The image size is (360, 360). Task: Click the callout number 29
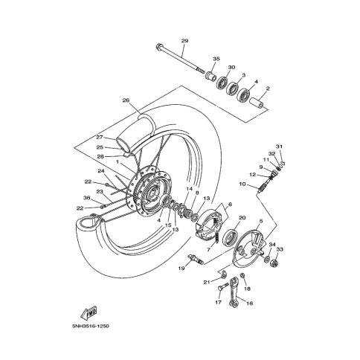184,41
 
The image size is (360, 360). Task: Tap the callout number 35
216,59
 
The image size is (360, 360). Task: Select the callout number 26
126,100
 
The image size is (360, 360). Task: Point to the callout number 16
249,303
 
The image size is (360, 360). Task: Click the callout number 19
181,268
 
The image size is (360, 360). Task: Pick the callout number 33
280,249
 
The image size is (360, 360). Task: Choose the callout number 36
86,198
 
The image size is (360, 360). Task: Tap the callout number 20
242,218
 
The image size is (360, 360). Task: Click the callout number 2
268,88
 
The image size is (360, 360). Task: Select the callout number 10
242,184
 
